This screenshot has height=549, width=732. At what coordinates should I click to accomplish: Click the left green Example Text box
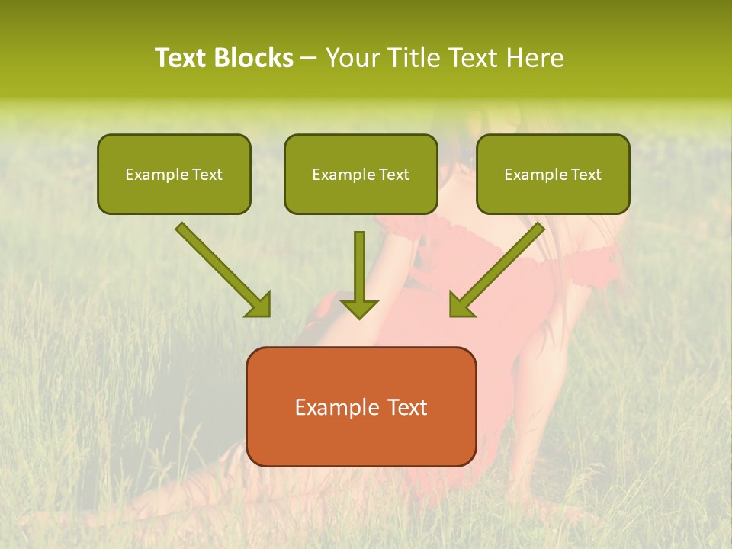(174, 174)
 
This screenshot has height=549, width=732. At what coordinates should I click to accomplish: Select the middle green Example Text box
(361, 174)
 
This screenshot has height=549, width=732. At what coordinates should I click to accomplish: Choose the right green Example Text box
(553, 174)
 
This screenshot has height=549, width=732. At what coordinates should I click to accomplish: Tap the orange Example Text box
(361, 406)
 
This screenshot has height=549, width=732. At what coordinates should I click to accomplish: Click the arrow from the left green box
(221, 268)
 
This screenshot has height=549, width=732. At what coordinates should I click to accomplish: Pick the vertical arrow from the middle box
(359, 271)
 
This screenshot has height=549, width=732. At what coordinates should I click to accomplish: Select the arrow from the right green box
(499, 268)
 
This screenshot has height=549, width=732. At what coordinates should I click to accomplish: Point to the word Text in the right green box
(586, 175)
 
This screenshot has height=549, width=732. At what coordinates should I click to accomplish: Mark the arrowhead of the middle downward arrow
(359, 307)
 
